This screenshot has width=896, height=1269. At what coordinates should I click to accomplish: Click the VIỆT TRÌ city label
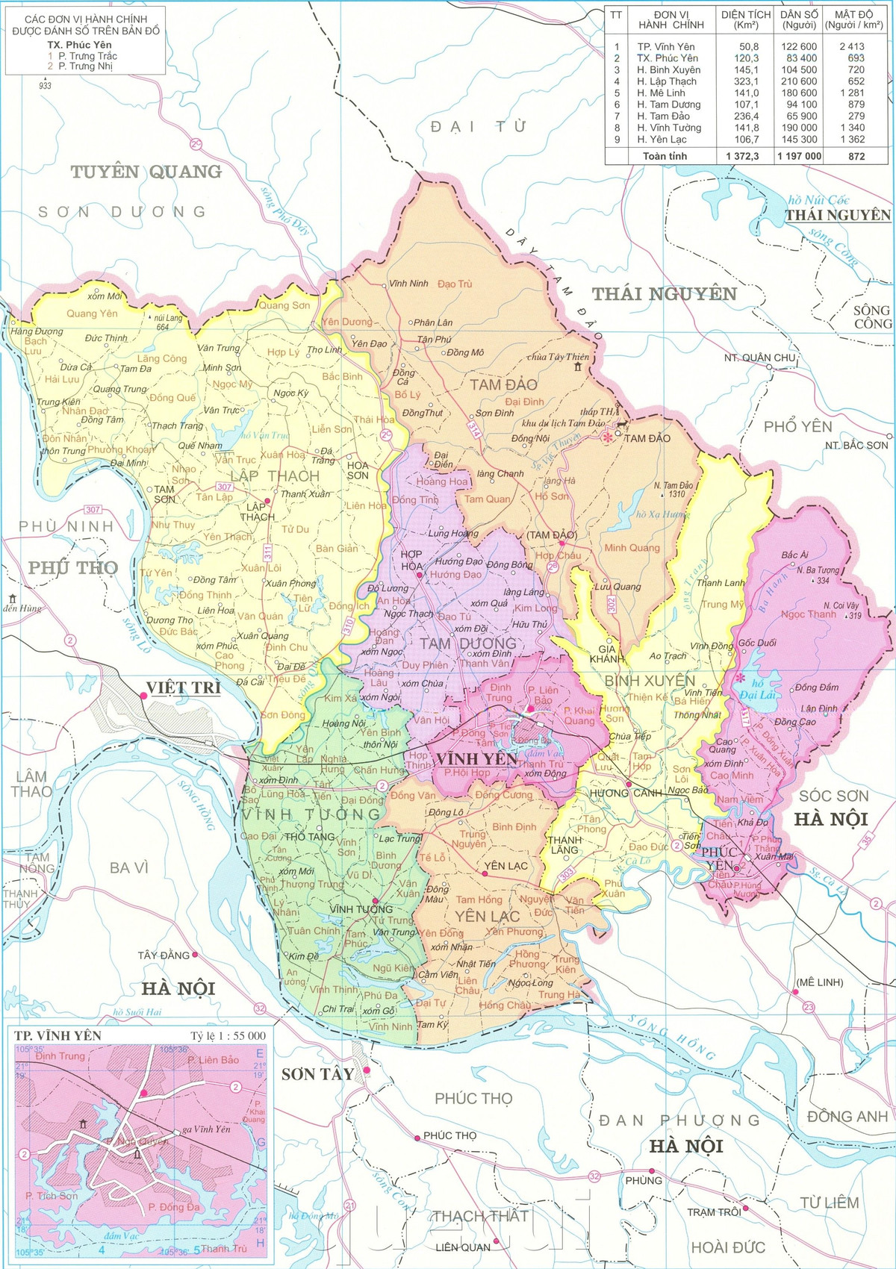(x=183, y=687)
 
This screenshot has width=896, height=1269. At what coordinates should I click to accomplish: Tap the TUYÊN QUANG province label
(x=146, y=172)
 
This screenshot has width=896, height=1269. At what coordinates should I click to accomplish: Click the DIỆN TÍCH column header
(x=745, y=19)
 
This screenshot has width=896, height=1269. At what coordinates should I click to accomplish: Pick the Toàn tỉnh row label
(x=665, y=156)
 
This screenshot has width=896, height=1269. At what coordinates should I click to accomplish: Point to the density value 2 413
(x=851, y=46)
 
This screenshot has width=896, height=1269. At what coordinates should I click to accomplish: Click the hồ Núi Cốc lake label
(x=819, y=200)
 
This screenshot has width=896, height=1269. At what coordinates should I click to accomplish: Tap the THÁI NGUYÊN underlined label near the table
(x=838, y=215)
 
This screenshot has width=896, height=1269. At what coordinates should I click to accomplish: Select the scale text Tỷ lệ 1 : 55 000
(x=228, y=1035)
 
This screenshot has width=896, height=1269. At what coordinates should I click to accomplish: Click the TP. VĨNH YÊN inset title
(x=57, y=1035)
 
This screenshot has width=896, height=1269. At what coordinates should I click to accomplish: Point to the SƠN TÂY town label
(x=317, y=1074)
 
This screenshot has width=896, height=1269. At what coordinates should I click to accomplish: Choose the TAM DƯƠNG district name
(x=467, y=643)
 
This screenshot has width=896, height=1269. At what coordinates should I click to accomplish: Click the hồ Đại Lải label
(x=757, y=689)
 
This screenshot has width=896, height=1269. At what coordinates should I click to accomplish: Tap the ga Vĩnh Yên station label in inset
(x=207, y=1129)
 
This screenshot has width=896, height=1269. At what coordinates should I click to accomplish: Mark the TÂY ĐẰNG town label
(x=164, y=955)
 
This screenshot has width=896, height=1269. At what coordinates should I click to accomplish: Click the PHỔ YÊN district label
(x=797, y=426)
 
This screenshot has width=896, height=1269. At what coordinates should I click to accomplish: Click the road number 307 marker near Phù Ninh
(x=93, y=510)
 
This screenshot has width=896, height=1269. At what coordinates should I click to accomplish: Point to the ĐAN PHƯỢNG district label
(x=679, y=1120)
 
